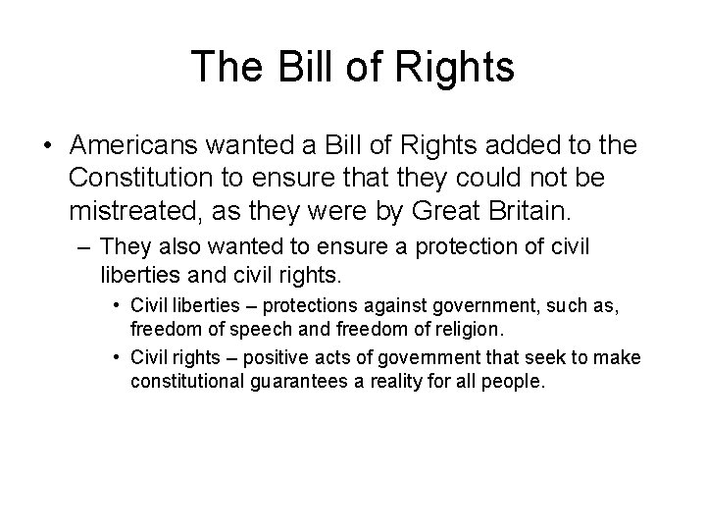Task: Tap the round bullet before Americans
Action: click(48, 146)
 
